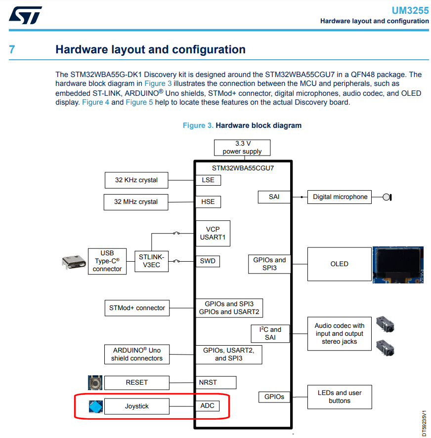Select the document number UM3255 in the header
point(410,10)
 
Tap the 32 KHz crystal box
point(136,180)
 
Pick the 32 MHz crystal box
point(136,202)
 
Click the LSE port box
point(208,180)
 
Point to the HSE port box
point(208,202)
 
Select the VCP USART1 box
point(213,233)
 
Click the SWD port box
point(208,261)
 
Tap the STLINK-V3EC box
point(151,261)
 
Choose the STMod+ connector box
point(137,308)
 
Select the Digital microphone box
point(340,197)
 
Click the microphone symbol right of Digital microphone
point(388,198)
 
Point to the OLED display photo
point(397,264)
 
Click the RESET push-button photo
point(95,382)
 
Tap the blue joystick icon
point(96,406)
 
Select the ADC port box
point(207,406)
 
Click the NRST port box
point(208,382)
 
